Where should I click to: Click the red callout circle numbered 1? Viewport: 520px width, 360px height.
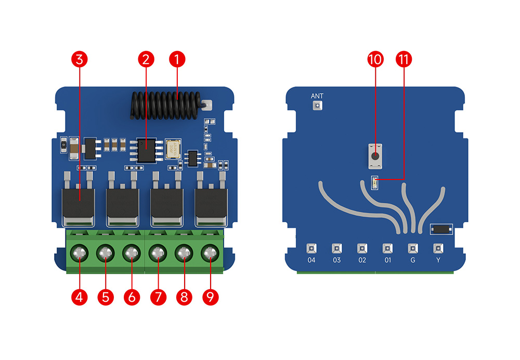click(x=177, y=59)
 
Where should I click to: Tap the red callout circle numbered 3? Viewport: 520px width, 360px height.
click(x=79, y=59)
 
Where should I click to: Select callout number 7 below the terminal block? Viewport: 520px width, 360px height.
click(x=157, y=297)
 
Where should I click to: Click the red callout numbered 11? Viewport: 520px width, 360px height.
click(x=403, y=59)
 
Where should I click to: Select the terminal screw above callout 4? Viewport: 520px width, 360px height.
click(x=79, y=254)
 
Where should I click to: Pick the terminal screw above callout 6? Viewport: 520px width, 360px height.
click(x=131, y=254)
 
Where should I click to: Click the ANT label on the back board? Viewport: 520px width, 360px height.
click(x=317, y=96)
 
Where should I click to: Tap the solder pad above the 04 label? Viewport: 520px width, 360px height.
click(x=311, y=248)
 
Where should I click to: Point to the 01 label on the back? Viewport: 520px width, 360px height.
click(x=387, y=260)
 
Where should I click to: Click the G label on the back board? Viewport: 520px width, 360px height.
click(x=413, y=260)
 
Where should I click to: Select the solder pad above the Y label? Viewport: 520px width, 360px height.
click(x=438, y=248)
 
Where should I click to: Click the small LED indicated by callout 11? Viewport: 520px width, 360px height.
click(x=374, y=182)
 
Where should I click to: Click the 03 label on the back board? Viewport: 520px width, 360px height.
click(x=337, y=260)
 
